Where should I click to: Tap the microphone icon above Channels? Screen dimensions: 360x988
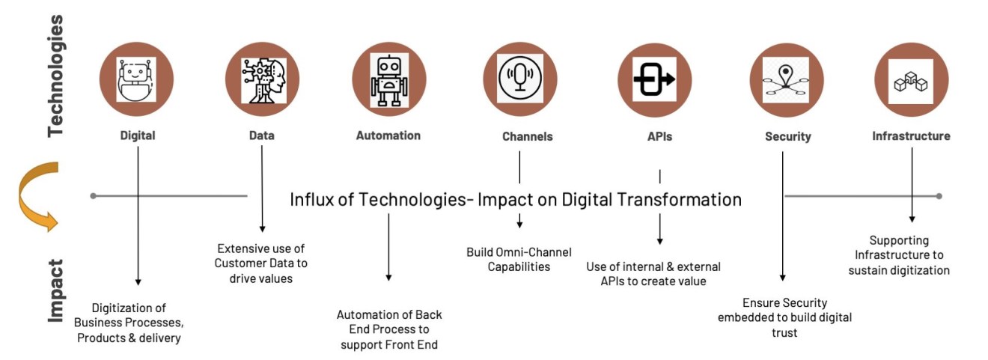pyautogui.click(x=520, y=79)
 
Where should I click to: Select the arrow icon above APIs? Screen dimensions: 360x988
pyautogui.click(x=653, y=79)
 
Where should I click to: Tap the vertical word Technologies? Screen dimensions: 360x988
pyautogui.click(x=57, y=75)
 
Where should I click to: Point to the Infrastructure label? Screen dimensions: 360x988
pyautogui.click(x=911, y=136)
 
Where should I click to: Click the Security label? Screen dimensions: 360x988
pyautogui.click(x=787, y=137)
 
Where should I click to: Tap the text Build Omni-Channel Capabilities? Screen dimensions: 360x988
pyautogui.click(x=518, y=259)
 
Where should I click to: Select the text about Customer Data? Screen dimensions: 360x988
pyautogui.click(x=261, y=263)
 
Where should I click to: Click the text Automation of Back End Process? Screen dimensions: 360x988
pyautogui.click(x=388, y=329)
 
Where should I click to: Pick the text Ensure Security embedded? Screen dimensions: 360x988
pyautogui.click(x=784, y=317)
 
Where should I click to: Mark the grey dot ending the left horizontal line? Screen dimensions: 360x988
pyautogui.click(x=93, y=196)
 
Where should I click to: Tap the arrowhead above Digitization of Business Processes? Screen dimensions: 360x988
pyautogui.click(x=138, y=281)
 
